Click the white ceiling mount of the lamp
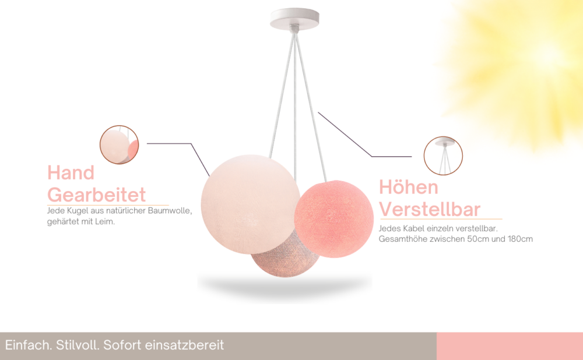[294, 19]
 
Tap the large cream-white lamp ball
[250, 204]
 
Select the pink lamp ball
[334, 219]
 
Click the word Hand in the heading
[71, 173]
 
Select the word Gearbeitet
[96, 195]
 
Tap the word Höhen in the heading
[408, 187]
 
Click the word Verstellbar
[430, 209]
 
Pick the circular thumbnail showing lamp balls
[119, 144]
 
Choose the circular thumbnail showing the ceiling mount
[443, 156]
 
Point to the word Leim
[105, 221]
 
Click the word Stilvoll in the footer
[78, 345]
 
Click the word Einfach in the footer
[29, 345]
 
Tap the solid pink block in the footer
[510, 346]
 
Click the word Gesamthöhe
[403, 239]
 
